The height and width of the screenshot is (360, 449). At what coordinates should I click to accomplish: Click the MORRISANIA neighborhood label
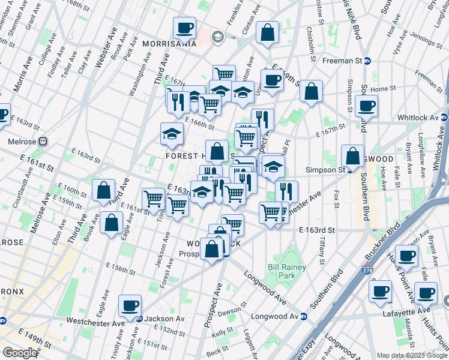click(x=170, y=43)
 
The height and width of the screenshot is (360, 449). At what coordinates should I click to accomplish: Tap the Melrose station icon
click(x=43, y=142)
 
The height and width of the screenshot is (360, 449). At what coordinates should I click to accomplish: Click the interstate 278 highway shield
click(x=367, y=271)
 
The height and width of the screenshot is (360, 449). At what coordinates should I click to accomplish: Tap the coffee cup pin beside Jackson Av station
click(x=130, y=305)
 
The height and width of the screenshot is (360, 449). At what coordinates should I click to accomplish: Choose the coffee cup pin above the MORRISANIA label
click(x=185, y=28)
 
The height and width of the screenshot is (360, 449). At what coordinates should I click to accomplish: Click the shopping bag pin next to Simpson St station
click(x=352, y=155)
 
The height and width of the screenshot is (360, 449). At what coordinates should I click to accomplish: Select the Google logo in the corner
click(x=20, y=352)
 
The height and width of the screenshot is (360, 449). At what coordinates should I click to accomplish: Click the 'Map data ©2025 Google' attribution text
click(x=411, y=355)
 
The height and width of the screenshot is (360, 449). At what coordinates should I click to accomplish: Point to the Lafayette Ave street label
click(x=408, y=311)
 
